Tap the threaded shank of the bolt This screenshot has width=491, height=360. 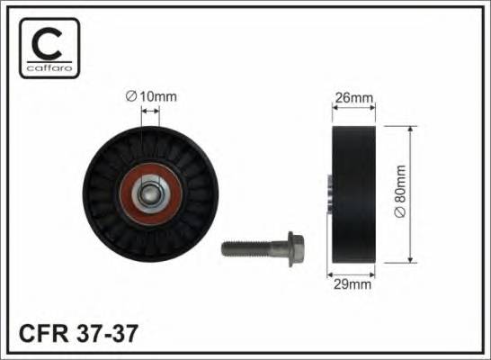[246, 245]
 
